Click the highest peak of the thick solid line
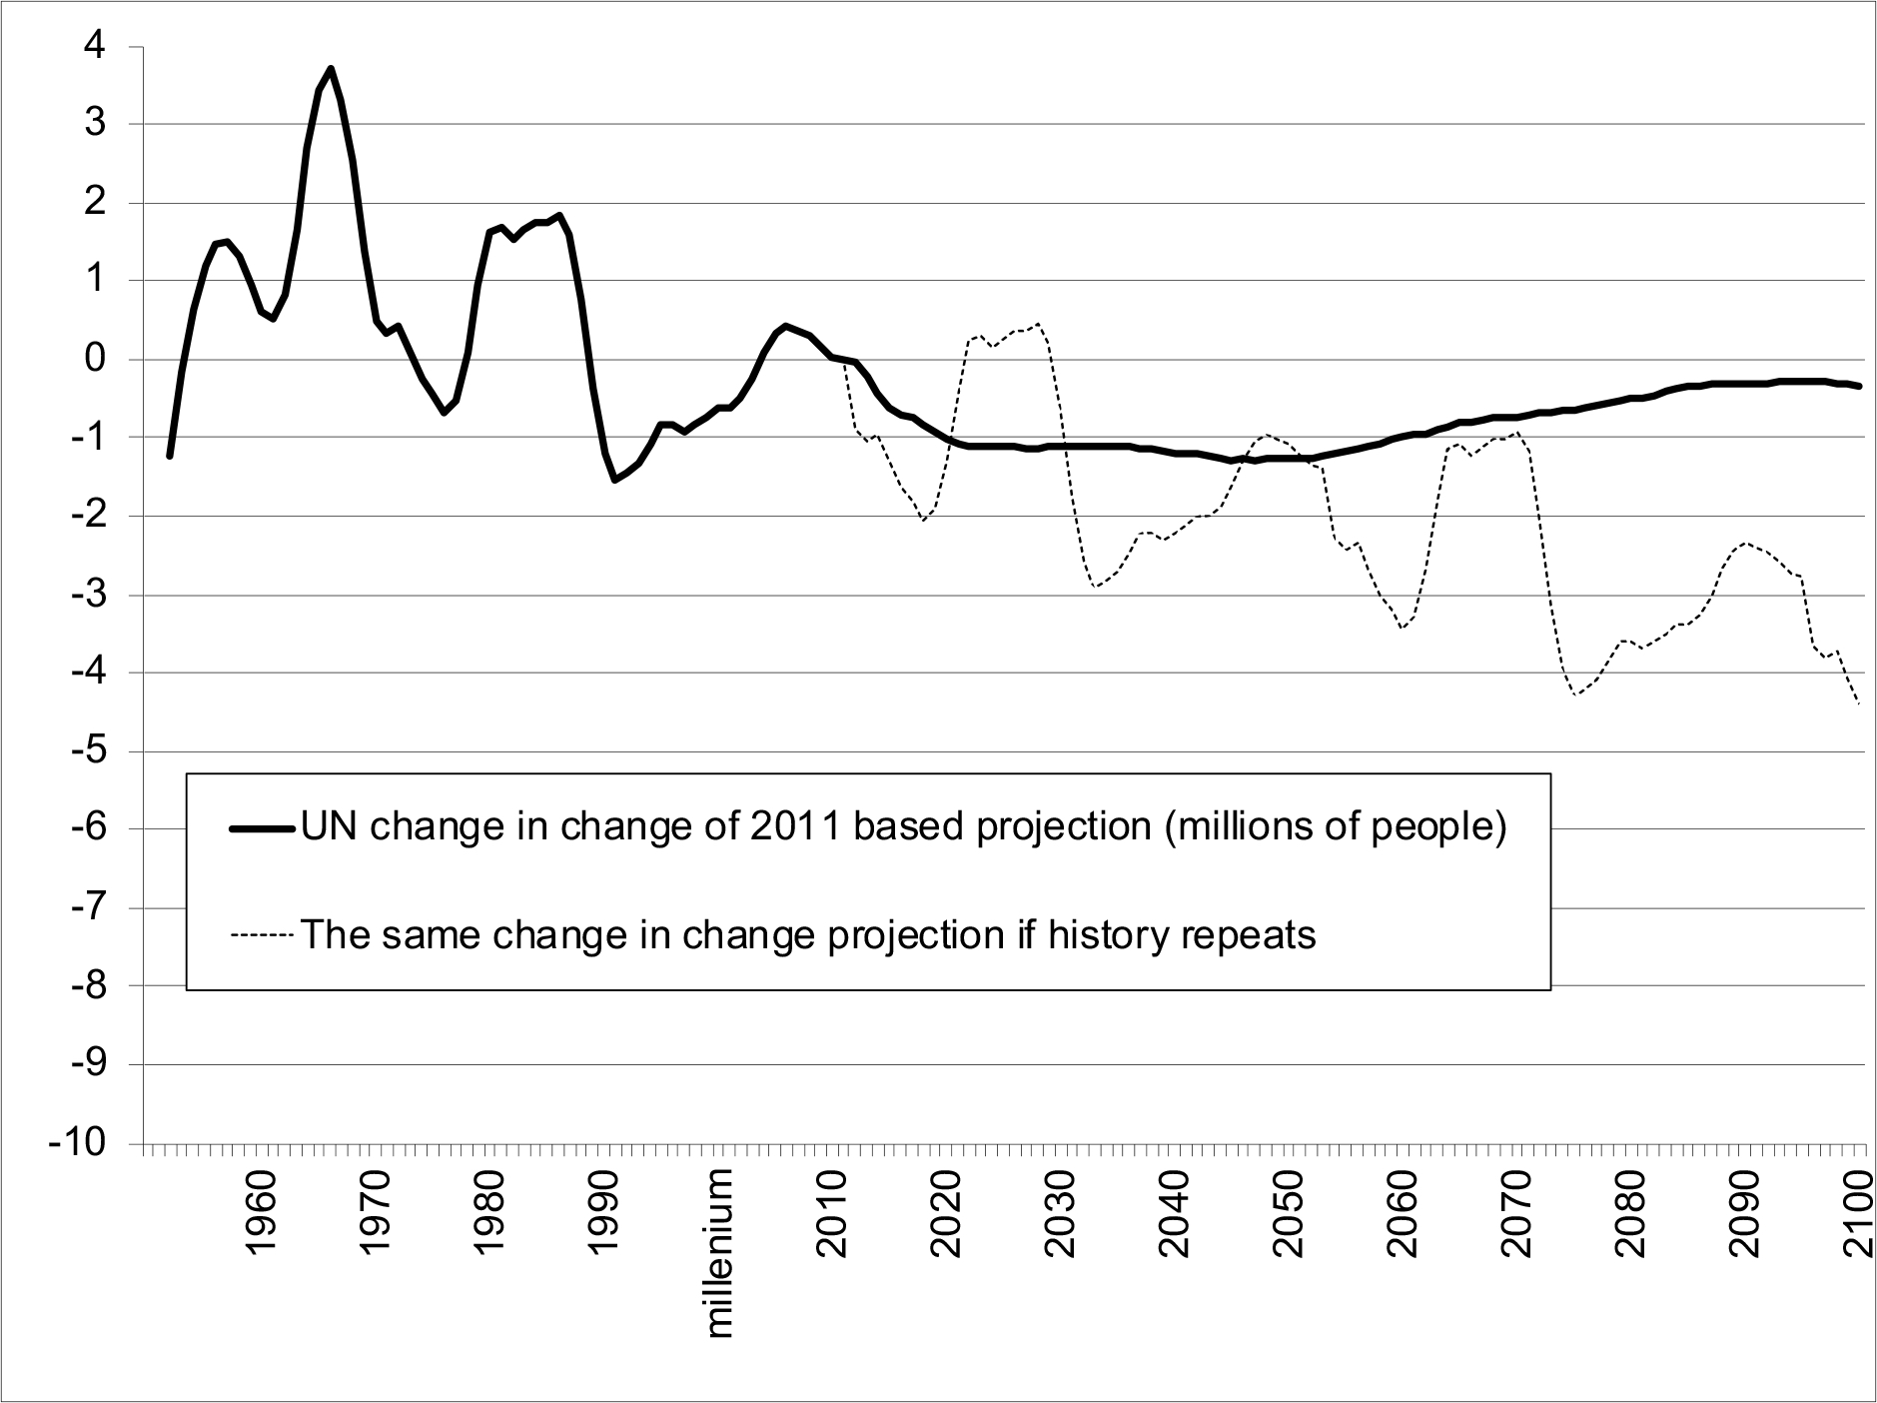331,69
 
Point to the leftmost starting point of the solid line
170,456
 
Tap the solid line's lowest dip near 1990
615,481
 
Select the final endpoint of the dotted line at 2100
1859,705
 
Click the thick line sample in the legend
262,828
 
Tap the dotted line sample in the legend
262,936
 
